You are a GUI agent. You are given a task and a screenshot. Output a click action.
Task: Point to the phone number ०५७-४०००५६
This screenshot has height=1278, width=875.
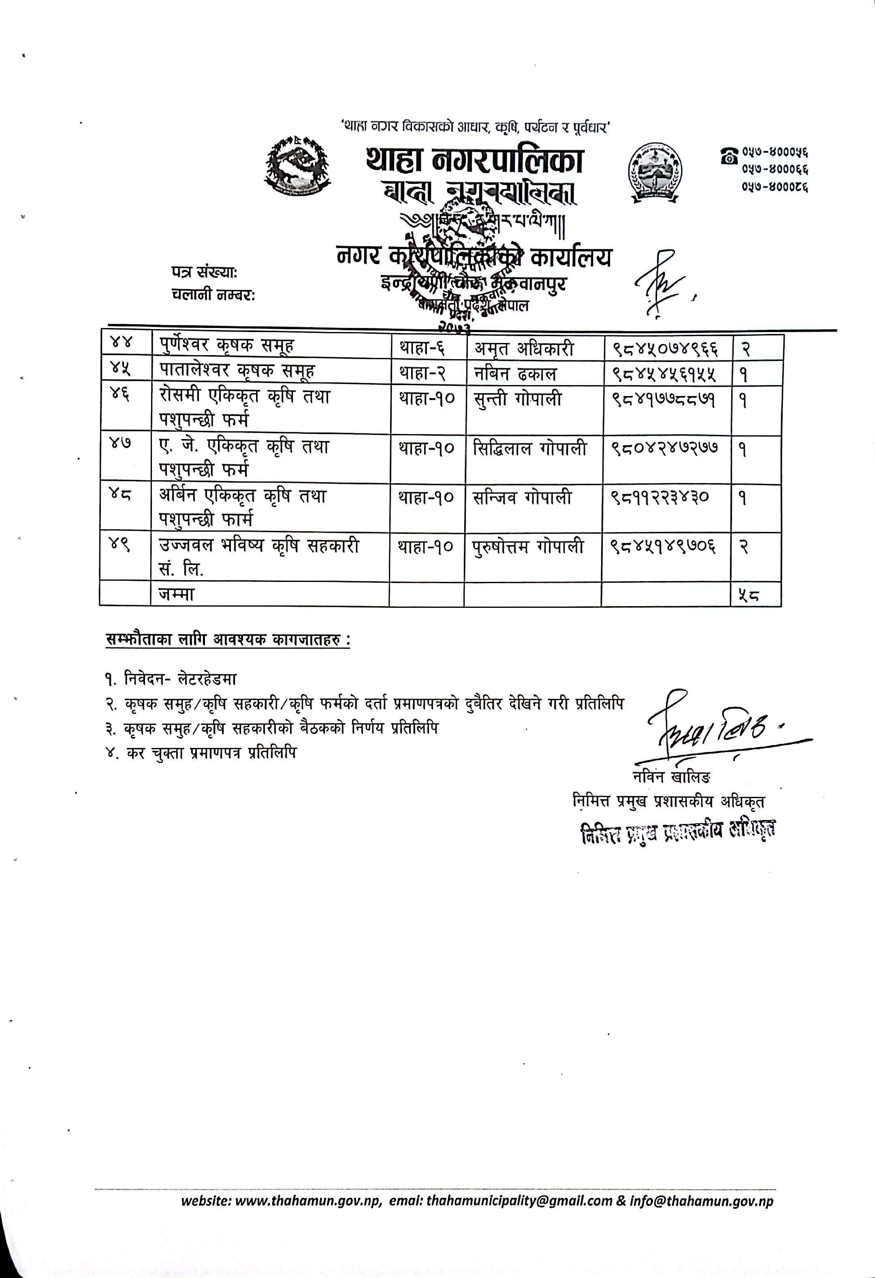click(775, 152)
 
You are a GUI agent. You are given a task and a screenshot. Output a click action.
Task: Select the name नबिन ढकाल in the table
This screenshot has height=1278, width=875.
click(515, 373)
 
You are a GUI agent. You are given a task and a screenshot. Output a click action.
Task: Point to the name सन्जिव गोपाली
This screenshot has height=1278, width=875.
click(523, 498)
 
